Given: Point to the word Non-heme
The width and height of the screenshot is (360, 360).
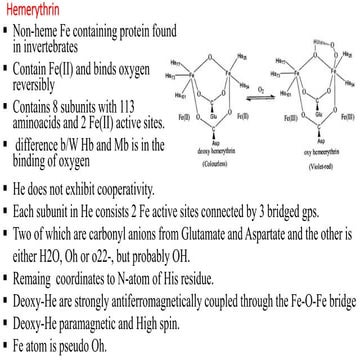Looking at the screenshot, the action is pos(45,26).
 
